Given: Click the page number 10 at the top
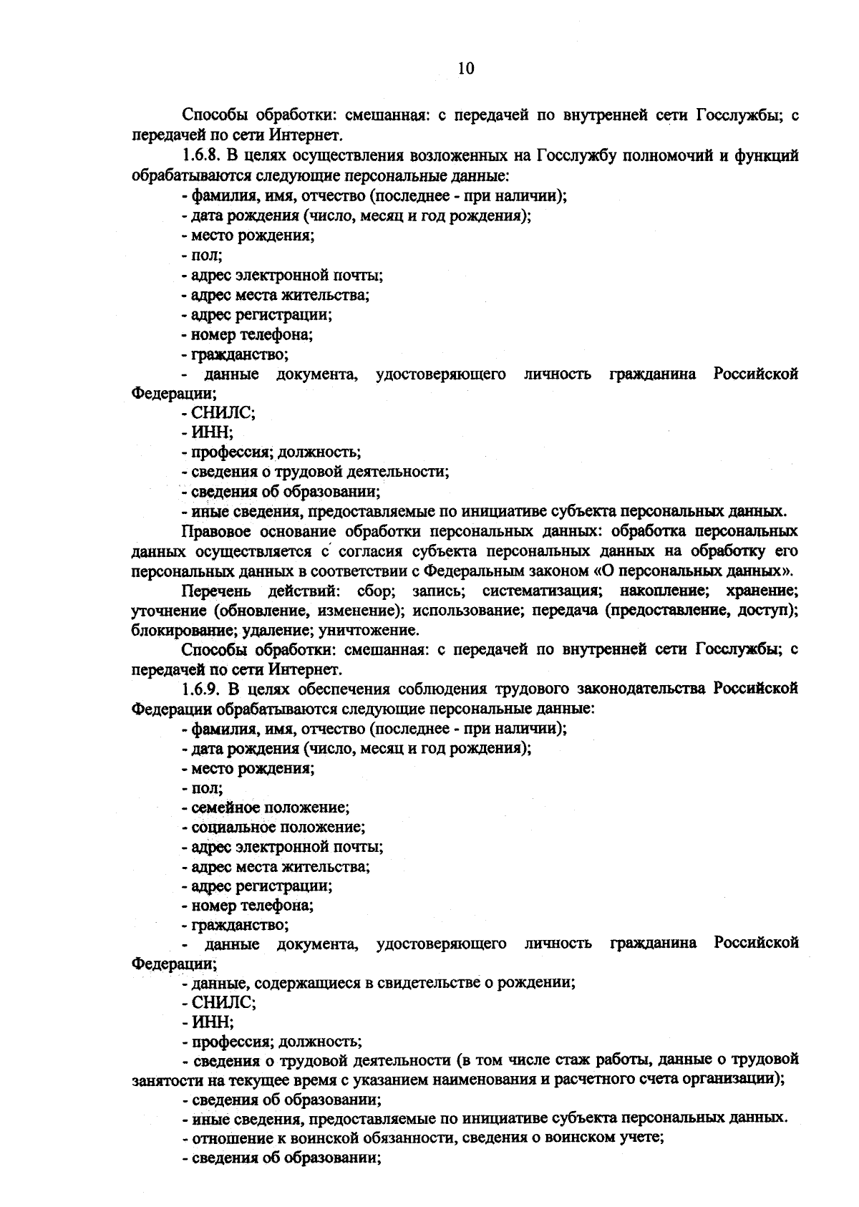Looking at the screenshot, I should coord(465,69).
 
